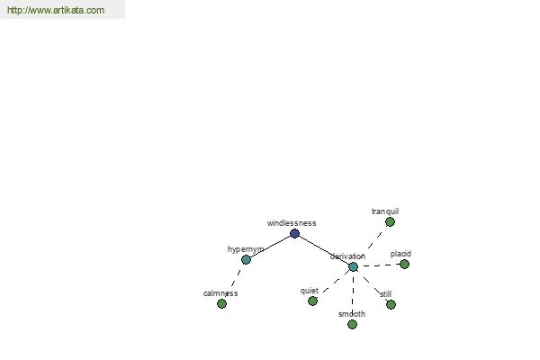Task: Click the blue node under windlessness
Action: point(294,234)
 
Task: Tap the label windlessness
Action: point(292,223)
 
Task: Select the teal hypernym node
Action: point(246,260)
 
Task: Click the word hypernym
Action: point(246,249)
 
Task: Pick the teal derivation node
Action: point(353,266)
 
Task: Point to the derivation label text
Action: point(347,256)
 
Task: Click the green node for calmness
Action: point(221,303)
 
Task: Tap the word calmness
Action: point(220,293)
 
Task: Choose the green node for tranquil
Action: point(390,222)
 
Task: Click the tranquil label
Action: point(385,211)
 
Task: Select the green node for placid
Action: point(404,265)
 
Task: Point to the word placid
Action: point(400,254)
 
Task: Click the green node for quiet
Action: point(312,301)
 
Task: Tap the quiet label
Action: point(310,291)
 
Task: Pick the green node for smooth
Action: point(352,324)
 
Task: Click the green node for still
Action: point(391,304)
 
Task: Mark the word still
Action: point(386,294)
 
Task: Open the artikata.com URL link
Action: point(56,10)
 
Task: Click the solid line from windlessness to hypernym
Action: point(270,247)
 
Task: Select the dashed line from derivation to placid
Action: point(379,265)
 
